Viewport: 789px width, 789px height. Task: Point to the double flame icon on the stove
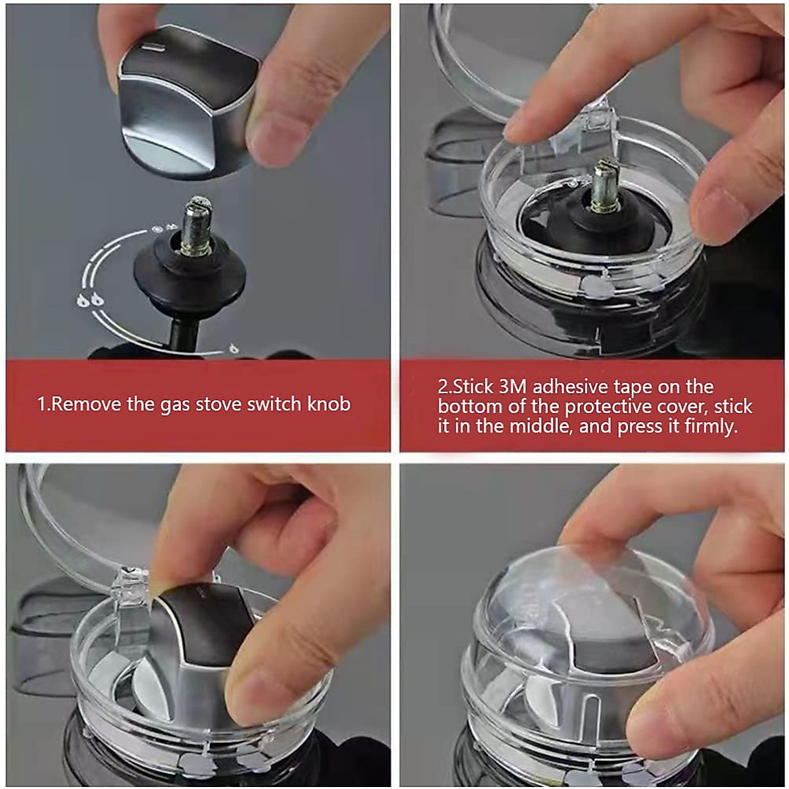(x=90, y=300)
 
